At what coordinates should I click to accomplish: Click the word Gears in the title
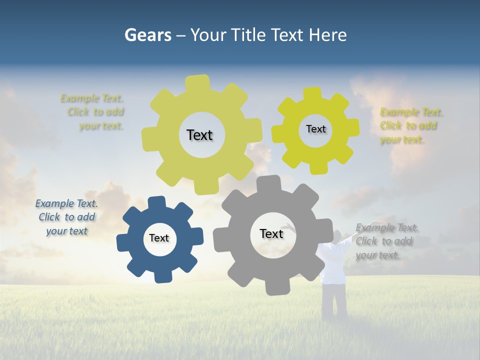tap(147, 35)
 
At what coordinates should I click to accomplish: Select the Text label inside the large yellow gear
tap(199, 135)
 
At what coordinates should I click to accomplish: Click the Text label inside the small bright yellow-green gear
tap(315, 129)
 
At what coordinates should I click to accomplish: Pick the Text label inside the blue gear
tap(159, 238)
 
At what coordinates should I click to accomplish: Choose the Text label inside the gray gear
tap(271, 233)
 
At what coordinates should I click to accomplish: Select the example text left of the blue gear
tap(66, 217)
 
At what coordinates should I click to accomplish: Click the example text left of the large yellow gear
tap(93, 112)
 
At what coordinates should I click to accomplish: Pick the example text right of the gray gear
tap(386, 241)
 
